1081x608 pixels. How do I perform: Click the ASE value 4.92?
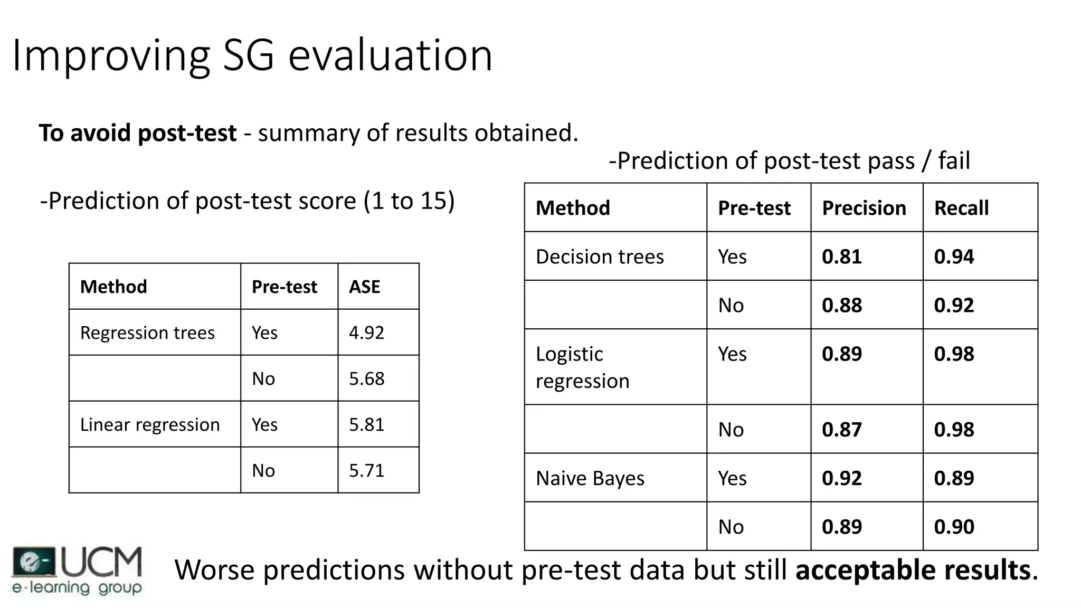tap(366, 332)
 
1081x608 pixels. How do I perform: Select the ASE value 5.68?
tap(366, 378)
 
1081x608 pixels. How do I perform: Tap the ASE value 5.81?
tap(366, 424)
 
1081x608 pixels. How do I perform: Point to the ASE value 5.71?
tap(366, 470)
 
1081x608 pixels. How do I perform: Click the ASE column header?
tap(364, 287)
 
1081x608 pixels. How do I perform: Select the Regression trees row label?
tap(147, 332)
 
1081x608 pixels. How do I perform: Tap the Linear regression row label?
tap(150, 424)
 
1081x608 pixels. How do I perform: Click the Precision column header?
tap(864, 208)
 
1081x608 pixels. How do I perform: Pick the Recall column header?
tap(961, 208)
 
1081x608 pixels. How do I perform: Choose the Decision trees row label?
tap(600, 256)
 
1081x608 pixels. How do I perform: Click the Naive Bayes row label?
tap(590, 478)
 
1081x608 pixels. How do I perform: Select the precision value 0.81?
tap(841, 256)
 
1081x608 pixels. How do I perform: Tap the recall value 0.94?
tap(954, 256)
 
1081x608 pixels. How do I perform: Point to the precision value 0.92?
tap(841, 478)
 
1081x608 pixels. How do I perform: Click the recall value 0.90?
tap(954, 527)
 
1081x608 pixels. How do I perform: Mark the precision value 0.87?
tap(841, 430)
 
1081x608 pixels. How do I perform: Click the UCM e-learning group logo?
tap(77, 571)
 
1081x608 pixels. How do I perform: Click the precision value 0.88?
tap(841, 305)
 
